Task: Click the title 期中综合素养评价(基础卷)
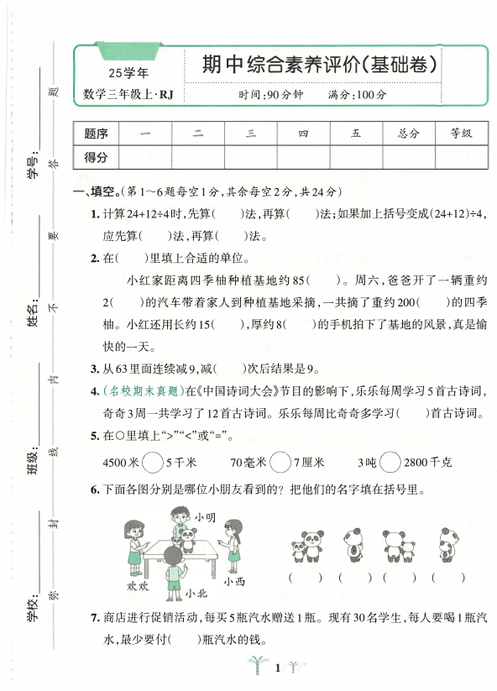point(320,65)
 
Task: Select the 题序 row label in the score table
point(97,133)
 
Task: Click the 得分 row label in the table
point(97,157)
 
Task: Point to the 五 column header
point(356,133)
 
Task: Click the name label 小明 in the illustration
point(205,518)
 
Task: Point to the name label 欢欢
point(138,584)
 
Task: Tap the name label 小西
point(234,581)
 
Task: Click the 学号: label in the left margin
point(33,167)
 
